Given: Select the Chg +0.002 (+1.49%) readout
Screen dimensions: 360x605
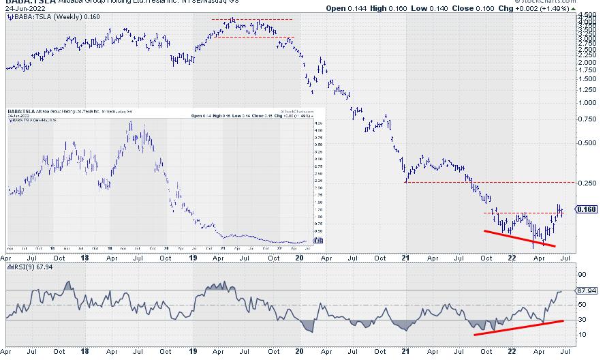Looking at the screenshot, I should [x=558, y=9].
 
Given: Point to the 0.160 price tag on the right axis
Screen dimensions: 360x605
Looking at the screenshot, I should [x=588, y=209].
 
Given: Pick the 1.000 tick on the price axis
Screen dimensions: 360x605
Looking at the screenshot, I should [x=587, y=103].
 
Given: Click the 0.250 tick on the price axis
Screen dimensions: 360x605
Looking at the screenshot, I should [x=587, y=183].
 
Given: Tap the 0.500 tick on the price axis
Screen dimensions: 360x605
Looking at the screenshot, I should [x=587, y=143].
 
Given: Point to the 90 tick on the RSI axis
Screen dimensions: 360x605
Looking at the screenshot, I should [x=583, y=275].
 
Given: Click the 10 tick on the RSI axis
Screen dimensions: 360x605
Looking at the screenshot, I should [x=583, y=334].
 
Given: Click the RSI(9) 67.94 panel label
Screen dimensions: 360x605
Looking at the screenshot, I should [x=31, y=267].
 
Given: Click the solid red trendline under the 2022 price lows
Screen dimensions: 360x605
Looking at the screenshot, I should [x=519, y=238].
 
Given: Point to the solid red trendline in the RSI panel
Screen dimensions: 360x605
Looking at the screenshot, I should [x=518, y=327].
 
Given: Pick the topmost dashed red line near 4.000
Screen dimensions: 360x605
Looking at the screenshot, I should [x=252, y=19].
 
